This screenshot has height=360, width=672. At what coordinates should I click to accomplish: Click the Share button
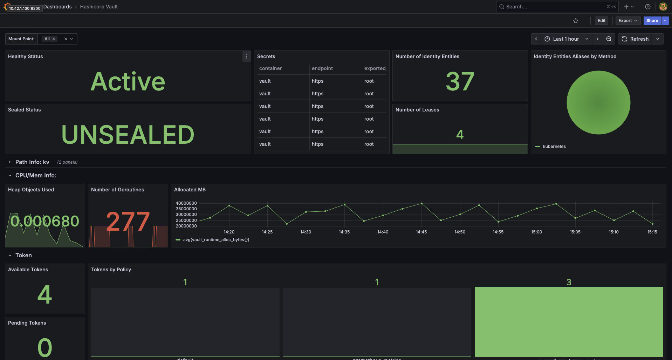pyautogui.click(x=652, y=21)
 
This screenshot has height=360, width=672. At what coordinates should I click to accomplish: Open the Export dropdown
pyautogui.click(x=628, y=21)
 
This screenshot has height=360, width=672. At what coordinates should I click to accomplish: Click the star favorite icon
pyautogui.click(x=576, y=21)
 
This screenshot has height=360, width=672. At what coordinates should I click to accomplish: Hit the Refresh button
pyautogui.click(x=635, y=39)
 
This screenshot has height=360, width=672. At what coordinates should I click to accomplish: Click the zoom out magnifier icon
pyautogui.click(x=609, y=39)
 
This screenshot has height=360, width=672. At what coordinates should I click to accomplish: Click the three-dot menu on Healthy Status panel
pyautogui.click(x=247, y=56)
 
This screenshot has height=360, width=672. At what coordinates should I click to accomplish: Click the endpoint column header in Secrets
pyautogui.click(x=322, y=68)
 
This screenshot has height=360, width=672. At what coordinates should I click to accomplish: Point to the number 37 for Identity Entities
pyautogui.click(x=460, y=82)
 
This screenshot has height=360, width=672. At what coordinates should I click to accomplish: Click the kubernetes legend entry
pyautogui.click(x=554, y=147)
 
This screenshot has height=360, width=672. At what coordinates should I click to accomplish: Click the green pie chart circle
pyautogui.click(x=598, y=102)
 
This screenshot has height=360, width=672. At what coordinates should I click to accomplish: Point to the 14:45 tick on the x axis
pyautogui.click(x=421, y=232)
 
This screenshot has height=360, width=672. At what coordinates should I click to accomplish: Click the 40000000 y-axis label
pyautogui.click(x=186, y=203)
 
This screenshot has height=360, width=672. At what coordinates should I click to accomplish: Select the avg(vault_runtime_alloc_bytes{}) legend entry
pyautogui.click(x=216, y=240)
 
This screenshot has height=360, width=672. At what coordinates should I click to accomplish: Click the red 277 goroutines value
pyautogui.click(x=128, y=222)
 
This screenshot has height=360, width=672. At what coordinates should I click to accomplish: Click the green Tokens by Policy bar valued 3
pyautogui.click(x=569, y=321)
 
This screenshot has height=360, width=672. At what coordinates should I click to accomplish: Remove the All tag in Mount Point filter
pyautogui.click(x=54, y=39)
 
